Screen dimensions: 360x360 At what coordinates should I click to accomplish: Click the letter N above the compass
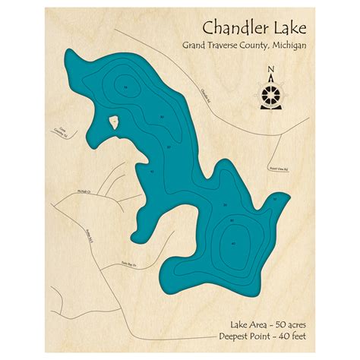pos(271,71)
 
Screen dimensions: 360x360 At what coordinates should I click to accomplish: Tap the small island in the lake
pos(114,121)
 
